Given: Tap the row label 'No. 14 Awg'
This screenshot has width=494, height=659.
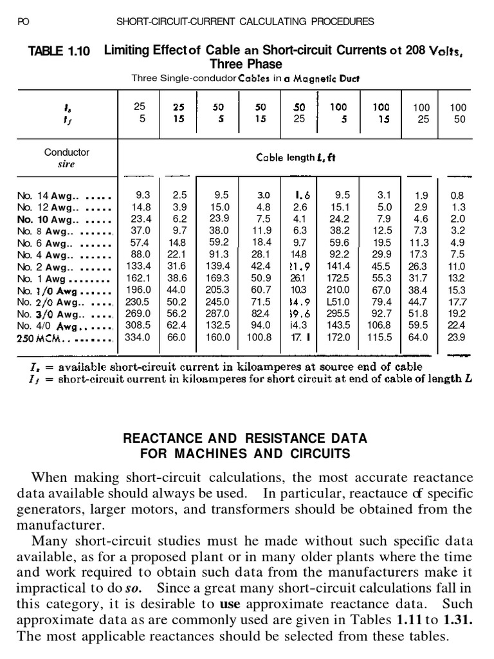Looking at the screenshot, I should pyautogui.click(x=44, y=195).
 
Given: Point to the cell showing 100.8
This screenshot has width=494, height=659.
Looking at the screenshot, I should pyautogui.click(x=259, y=337).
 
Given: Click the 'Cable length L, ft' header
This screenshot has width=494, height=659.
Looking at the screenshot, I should pyautogui.click(x=296, y=157).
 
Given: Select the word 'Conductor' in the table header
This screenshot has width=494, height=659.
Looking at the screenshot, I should pyautogui.click(x=67, y=153).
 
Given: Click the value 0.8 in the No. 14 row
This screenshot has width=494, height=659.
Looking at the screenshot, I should pyautogui.click(x=457, y=195).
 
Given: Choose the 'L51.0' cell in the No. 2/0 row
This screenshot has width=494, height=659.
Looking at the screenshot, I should pyautogui.click(x=338, y=301).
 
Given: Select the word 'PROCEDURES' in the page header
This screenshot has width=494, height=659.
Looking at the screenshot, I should pyautogui.click(x=342, y=21).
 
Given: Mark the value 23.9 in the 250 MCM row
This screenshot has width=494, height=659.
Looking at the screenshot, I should pyautogui.click(x=457, y=337).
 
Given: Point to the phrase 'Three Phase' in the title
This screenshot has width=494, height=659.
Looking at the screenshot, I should pyautogui.click(x=246, y=64).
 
